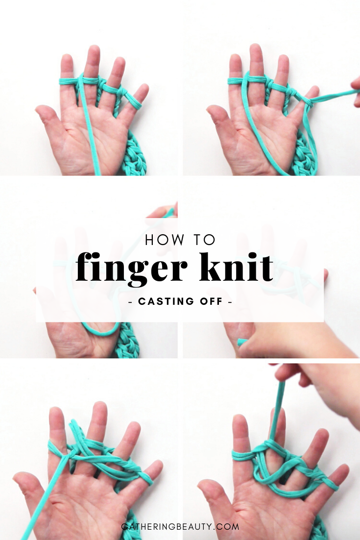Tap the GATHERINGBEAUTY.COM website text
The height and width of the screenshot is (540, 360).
180,527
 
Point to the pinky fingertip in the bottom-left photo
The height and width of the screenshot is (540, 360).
157,466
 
